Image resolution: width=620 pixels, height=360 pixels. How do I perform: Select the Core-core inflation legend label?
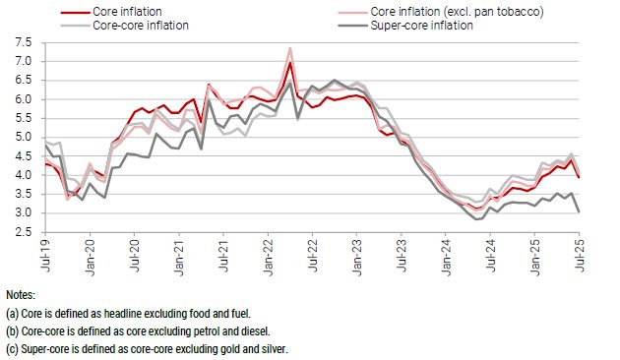pyautogui.click(x=137, y=26)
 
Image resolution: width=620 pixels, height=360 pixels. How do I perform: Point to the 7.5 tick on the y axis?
pyautogui.click(x=23, y=43)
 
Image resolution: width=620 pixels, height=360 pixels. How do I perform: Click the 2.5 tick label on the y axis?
pyautogui.click(x=23, y=232)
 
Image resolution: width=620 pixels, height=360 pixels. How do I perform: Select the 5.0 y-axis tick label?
pyautogui.click(x=23, y=138)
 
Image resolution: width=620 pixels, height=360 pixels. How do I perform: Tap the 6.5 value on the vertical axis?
pyautogui.click(x=23, y=81)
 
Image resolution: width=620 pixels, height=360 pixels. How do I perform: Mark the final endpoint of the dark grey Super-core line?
pyautogui.click(x=577, y=211)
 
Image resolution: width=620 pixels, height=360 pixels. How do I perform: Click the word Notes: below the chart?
pyautogui.click(x=20, y=295)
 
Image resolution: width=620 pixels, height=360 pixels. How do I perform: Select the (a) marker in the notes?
pyautogui.click(x=13, y=312)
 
